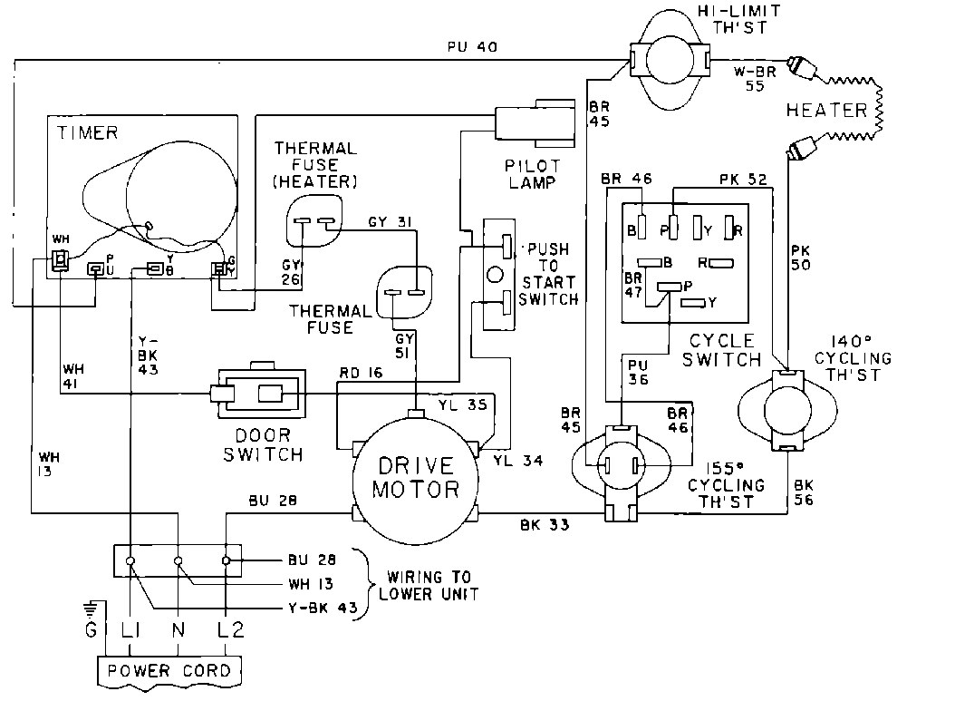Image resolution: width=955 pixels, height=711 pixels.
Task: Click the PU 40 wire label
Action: [x=471, y=46]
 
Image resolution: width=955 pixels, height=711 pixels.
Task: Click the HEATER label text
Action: [x=826, y=111]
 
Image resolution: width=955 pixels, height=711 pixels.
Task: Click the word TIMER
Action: [x=88, y=133]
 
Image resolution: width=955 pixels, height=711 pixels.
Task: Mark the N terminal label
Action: [x=178, y=629]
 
